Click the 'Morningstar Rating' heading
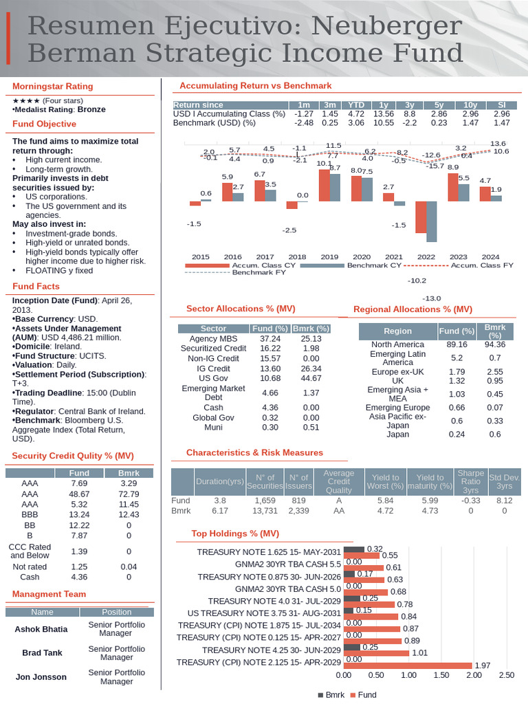[x=52, y=87]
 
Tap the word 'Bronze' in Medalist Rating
[x=91, y=109]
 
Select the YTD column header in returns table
[x=355, y=104]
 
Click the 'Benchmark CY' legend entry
[x=374, y=265]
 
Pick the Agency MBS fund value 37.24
[x=270, y=339]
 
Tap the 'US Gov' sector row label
[x=213, y=378]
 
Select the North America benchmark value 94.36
[x=494, y=344]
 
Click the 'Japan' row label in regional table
[x=397, y=434]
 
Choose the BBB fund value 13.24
[x=79, y=515]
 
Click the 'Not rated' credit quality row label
[x=30, y=566]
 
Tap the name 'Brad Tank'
[x=42, y=652]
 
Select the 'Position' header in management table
[x=116, y=612]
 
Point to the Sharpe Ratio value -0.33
[x=470, y=500]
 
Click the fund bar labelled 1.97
[x=407, y=665]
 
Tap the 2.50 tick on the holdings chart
[x=506, y=675]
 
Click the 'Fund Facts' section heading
[x=36, y=286]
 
